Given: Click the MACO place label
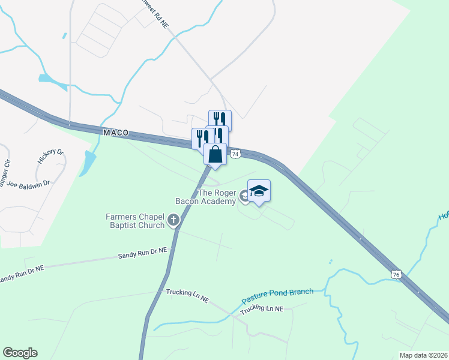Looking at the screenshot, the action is (x=116, y=132).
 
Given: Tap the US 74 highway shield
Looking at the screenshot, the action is (x=235, y=154).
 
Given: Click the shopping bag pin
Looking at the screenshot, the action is (x=215, y=155).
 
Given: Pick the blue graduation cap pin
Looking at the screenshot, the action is (x=259, y=191).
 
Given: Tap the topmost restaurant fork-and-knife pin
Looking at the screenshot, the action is (x=220, y=119).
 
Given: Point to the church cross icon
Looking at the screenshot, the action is (x=174, y=220).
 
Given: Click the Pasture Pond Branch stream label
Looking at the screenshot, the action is (x=277, y=295).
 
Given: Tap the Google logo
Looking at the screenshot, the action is (x=20, y=353).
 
